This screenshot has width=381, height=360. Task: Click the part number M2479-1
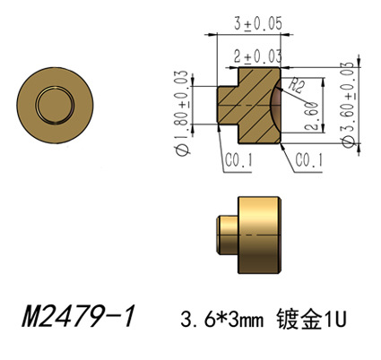click(x=78, y=316)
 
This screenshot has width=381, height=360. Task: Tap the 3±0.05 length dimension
click(x=258, y=23)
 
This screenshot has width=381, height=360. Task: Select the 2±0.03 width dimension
click(x=257, y=56)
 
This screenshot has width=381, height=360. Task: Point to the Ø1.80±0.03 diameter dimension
click(x=182, y=113)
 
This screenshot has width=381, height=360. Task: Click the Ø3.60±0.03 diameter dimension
click(x=348, y=105)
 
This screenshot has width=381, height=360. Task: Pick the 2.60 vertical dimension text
click(x=312, y=116)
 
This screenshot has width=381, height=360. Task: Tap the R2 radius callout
click(x=296, y=87)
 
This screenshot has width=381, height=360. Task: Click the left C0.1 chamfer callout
click(x=238, y=160)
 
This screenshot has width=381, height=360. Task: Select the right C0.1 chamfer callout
click(x=309, y=160)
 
